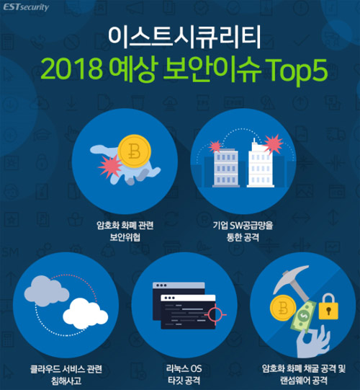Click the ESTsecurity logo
(x=26, y=7)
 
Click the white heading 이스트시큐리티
(x=184, y=37)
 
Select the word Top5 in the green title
(x=297, y=70)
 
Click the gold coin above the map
(x=134, y=151)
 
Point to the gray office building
(x=226, y=168)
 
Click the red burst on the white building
(x=273, y=143)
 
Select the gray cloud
(x=47, y=291)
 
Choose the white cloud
(x=85, y=314)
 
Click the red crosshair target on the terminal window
(x=215, y=314)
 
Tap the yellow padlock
(x=328, y=306)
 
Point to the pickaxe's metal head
(x=291, y=278)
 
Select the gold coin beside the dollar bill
(x=283, y=308)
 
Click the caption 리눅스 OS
(x=184, y=368)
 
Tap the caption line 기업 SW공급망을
(x=243, y=226)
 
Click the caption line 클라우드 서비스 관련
(x=66, y=369)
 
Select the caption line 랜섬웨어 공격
(x=304, y=381)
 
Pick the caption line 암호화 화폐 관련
(x=125, y=226)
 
